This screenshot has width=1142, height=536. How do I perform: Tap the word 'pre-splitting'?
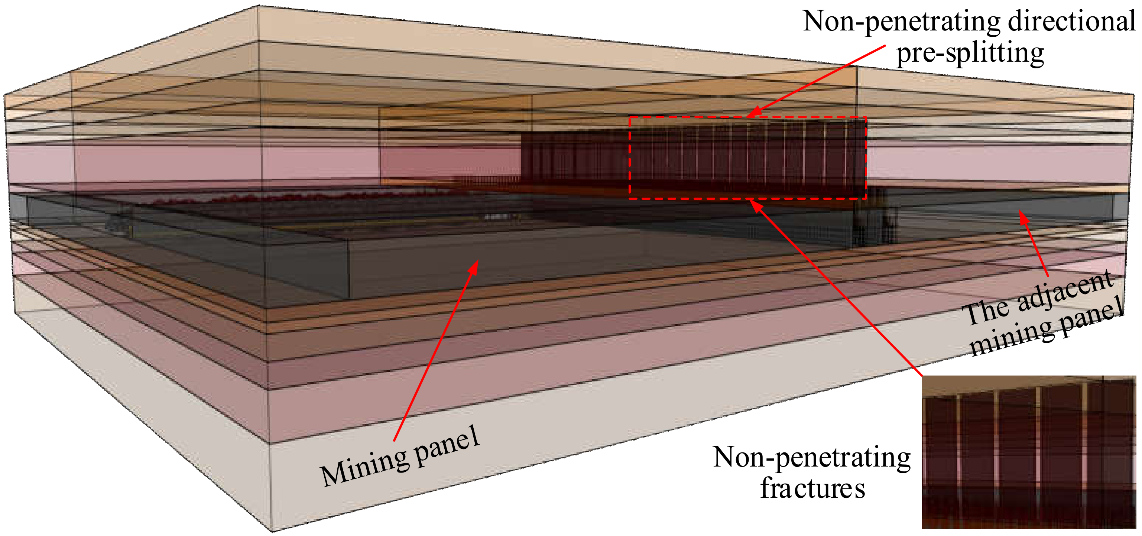click(x=970, y=53)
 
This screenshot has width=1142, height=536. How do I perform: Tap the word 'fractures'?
click(x=812, y=488)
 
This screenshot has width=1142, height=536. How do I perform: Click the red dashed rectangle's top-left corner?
click(x=630, y=117)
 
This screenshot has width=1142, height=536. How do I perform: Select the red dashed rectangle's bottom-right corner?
click(x=865, y=198)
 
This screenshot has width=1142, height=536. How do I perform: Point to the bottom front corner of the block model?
click(x=271, y=530)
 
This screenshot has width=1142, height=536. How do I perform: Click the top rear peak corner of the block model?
click(x=258, y=6)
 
